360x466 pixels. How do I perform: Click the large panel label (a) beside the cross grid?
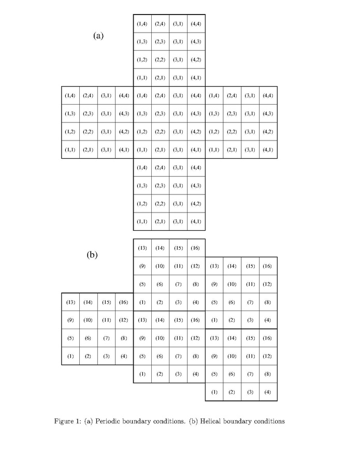point(98,36)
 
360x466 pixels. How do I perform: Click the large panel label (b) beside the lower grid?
point(92,255)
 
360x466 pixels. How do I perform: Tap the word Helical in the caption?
point(210,421)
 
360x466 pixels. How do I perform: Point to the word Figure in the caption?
point(64,421)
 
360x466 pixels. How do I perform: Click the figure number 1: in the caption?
point(78,421)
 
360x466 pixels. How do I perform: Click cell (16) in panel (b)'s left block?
point(124,302)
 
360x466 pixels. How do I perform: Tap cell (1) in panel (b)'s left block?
point(70,356)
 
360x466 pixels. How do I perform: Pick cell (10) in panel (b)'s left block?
point(88,320)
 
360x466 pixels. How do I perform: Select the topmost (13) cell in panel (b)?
point(142,248)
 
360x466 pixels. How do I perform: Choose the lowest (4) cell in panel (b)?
point(268,392)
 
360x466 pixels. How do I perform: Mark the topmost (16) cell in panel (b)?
point(196,248)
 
